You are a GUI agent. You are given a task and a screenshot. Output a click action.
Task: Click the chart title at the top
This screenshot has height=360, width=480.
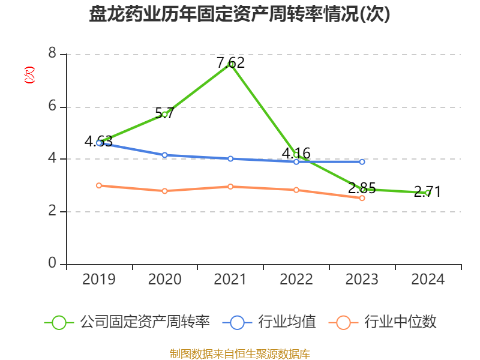click(239, 14)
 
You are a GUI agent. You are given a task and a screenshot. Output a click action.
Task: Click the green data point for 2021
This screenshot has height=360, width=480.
click(230, 64)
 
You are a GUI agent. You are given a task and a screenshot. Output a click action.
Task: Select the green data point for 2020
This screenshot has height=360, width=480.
click(164, 114)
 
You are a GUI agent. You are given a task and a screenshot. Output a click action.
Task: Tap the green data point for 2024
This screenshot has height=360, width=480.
click(428, 193)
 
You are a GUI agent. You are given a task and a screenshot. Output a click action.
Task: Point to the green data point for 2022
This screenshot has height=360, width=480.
click(296, 155)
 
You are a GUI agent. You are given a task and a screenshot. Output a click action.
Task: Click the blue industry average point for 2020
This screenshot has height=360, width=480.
click(164, 155)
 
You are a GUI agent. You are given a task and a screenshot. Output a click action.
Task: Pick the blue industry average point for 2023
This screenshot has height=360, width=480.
click(362, 161)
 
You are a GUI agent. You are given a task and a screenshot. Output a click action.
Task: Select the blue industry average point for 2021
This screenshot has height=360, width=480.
click(230, 158)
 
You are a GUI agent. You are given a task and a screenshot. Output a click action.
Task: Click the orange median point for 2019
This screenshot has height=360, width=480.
click(99, 185)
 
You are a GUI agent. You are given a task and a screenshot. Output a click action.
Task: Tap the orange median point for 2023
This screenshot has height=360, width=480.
click(362, 198)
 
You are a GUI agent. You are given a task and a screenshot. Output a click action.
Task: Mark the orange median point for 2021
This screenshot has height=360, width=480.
click(230, 187)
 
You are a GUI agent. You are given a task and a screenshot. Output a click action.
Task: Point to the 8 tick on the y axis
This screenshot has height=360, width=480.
click(52, 54)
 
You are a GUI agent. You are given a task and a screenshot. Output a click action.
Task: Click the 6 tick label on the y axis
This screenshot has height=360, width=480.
click(52, 107)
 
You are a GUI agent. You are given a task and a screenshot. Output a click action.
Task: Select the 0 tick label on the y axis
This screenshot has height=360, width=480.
click(52, 264)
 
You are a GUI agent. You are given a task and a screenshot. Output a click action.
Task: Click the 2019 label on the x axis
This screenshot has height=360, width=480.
click(99, 280)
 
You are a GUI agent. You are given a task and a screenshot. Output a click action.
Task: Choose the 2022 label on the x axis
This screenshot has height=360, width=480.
click(296, 280)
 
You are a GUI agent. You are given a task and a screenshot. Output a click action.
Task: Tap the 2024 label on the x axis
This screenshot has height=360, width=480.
click(428, 280)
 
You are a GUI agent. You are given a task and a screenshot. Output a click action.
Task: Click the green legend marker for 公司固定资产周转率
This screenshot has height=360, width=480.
click(59, 322)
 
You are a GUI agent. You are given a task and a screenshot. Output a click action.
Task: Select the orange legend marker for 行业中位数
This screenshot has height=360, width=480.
click(343, 322)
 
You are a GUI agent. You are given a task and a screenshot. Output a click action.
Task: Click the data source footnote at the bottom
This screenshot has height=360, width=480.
click(239, 353)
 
